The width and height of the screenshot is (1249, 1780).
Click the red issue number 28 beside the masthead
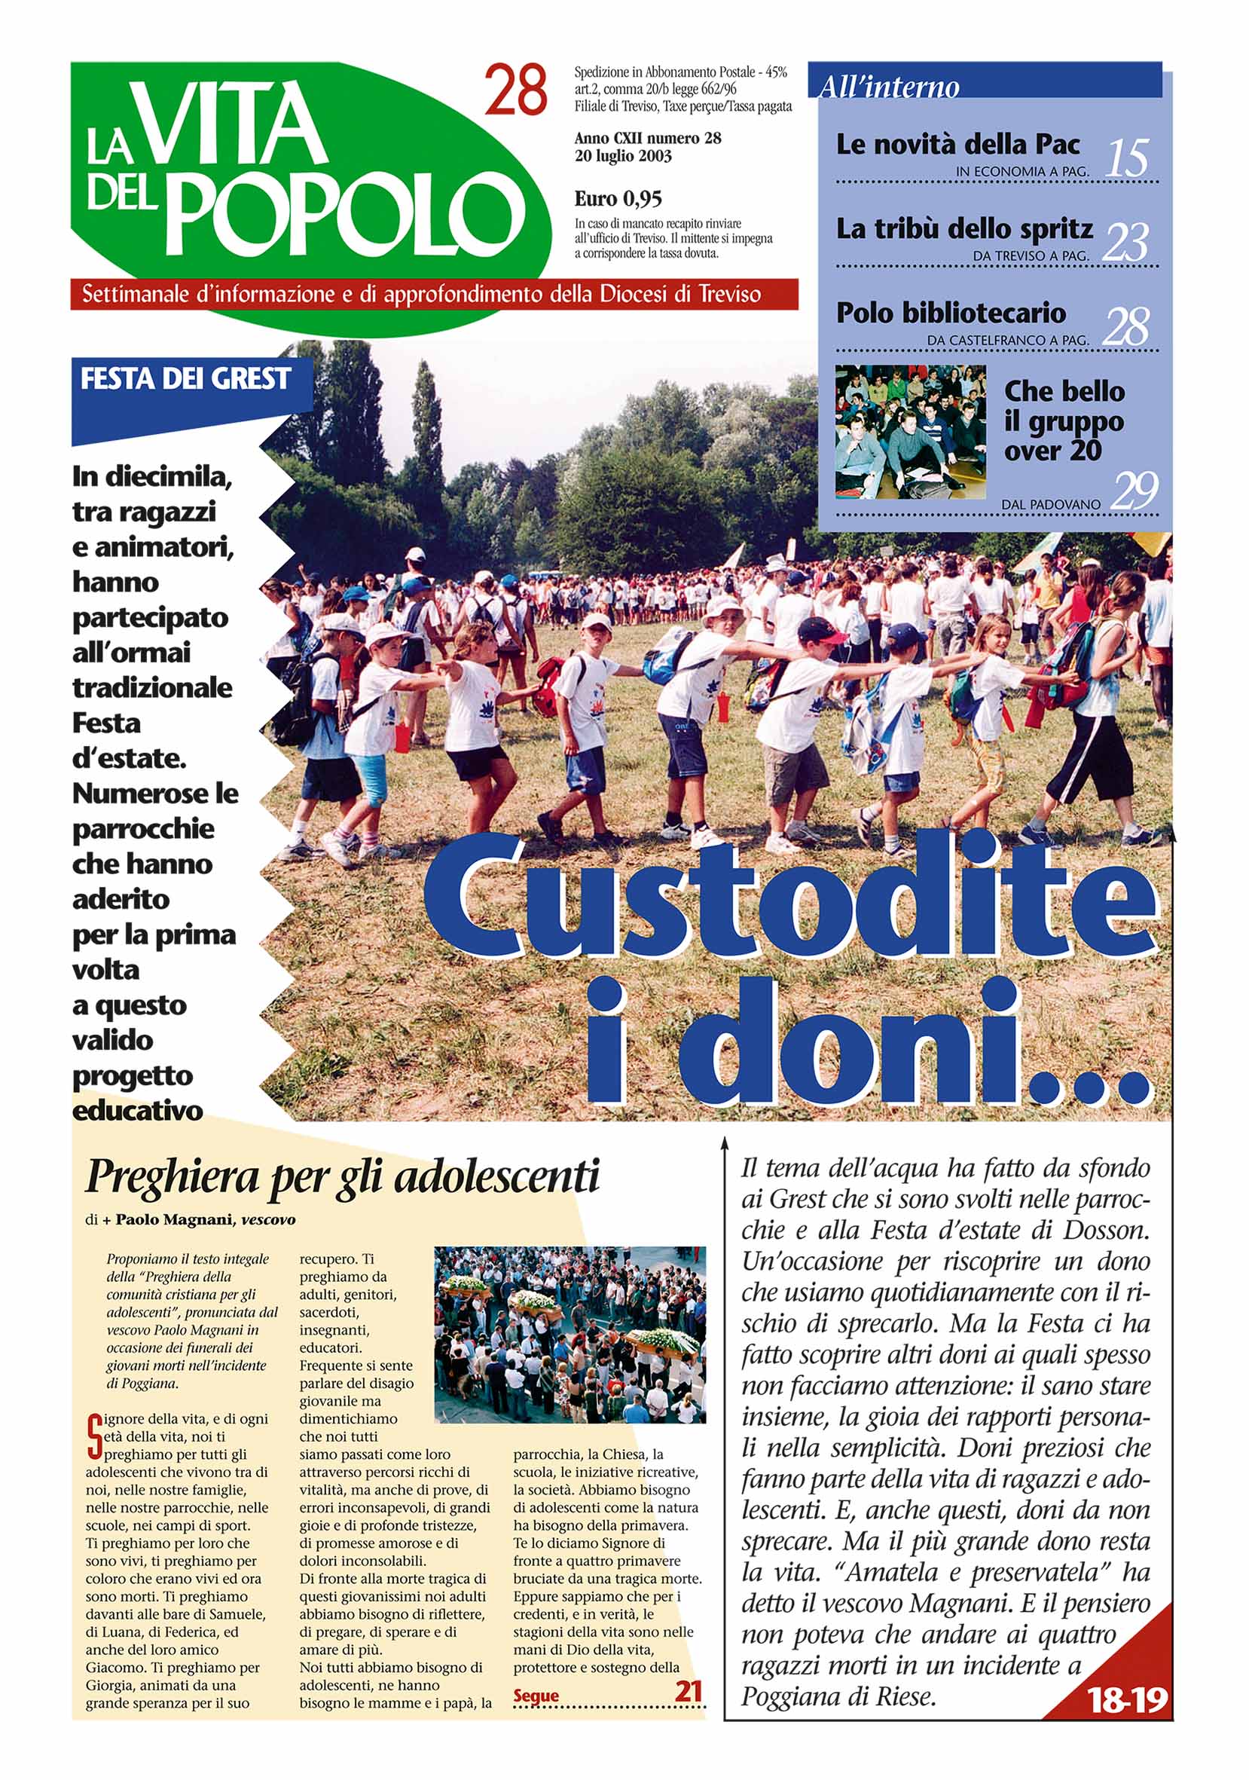point(516,90)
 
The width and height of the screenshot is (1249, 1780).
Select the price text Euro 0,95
point(618,199)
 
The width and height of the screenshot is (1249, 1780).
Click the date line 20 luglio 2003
point(623,156)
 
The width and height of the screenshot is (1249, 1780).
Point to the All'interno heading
point(889,86)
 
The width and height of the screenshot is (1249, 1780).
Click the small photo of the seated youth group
point(911,431)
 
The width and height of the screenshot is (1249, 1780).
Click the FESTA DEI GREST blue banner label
point(185,379)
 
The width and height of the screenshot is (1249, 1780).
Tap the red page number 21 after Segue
point(688,1690)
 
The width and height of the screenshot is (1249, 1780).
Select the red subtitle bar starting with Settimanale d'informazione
point(434,295)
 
